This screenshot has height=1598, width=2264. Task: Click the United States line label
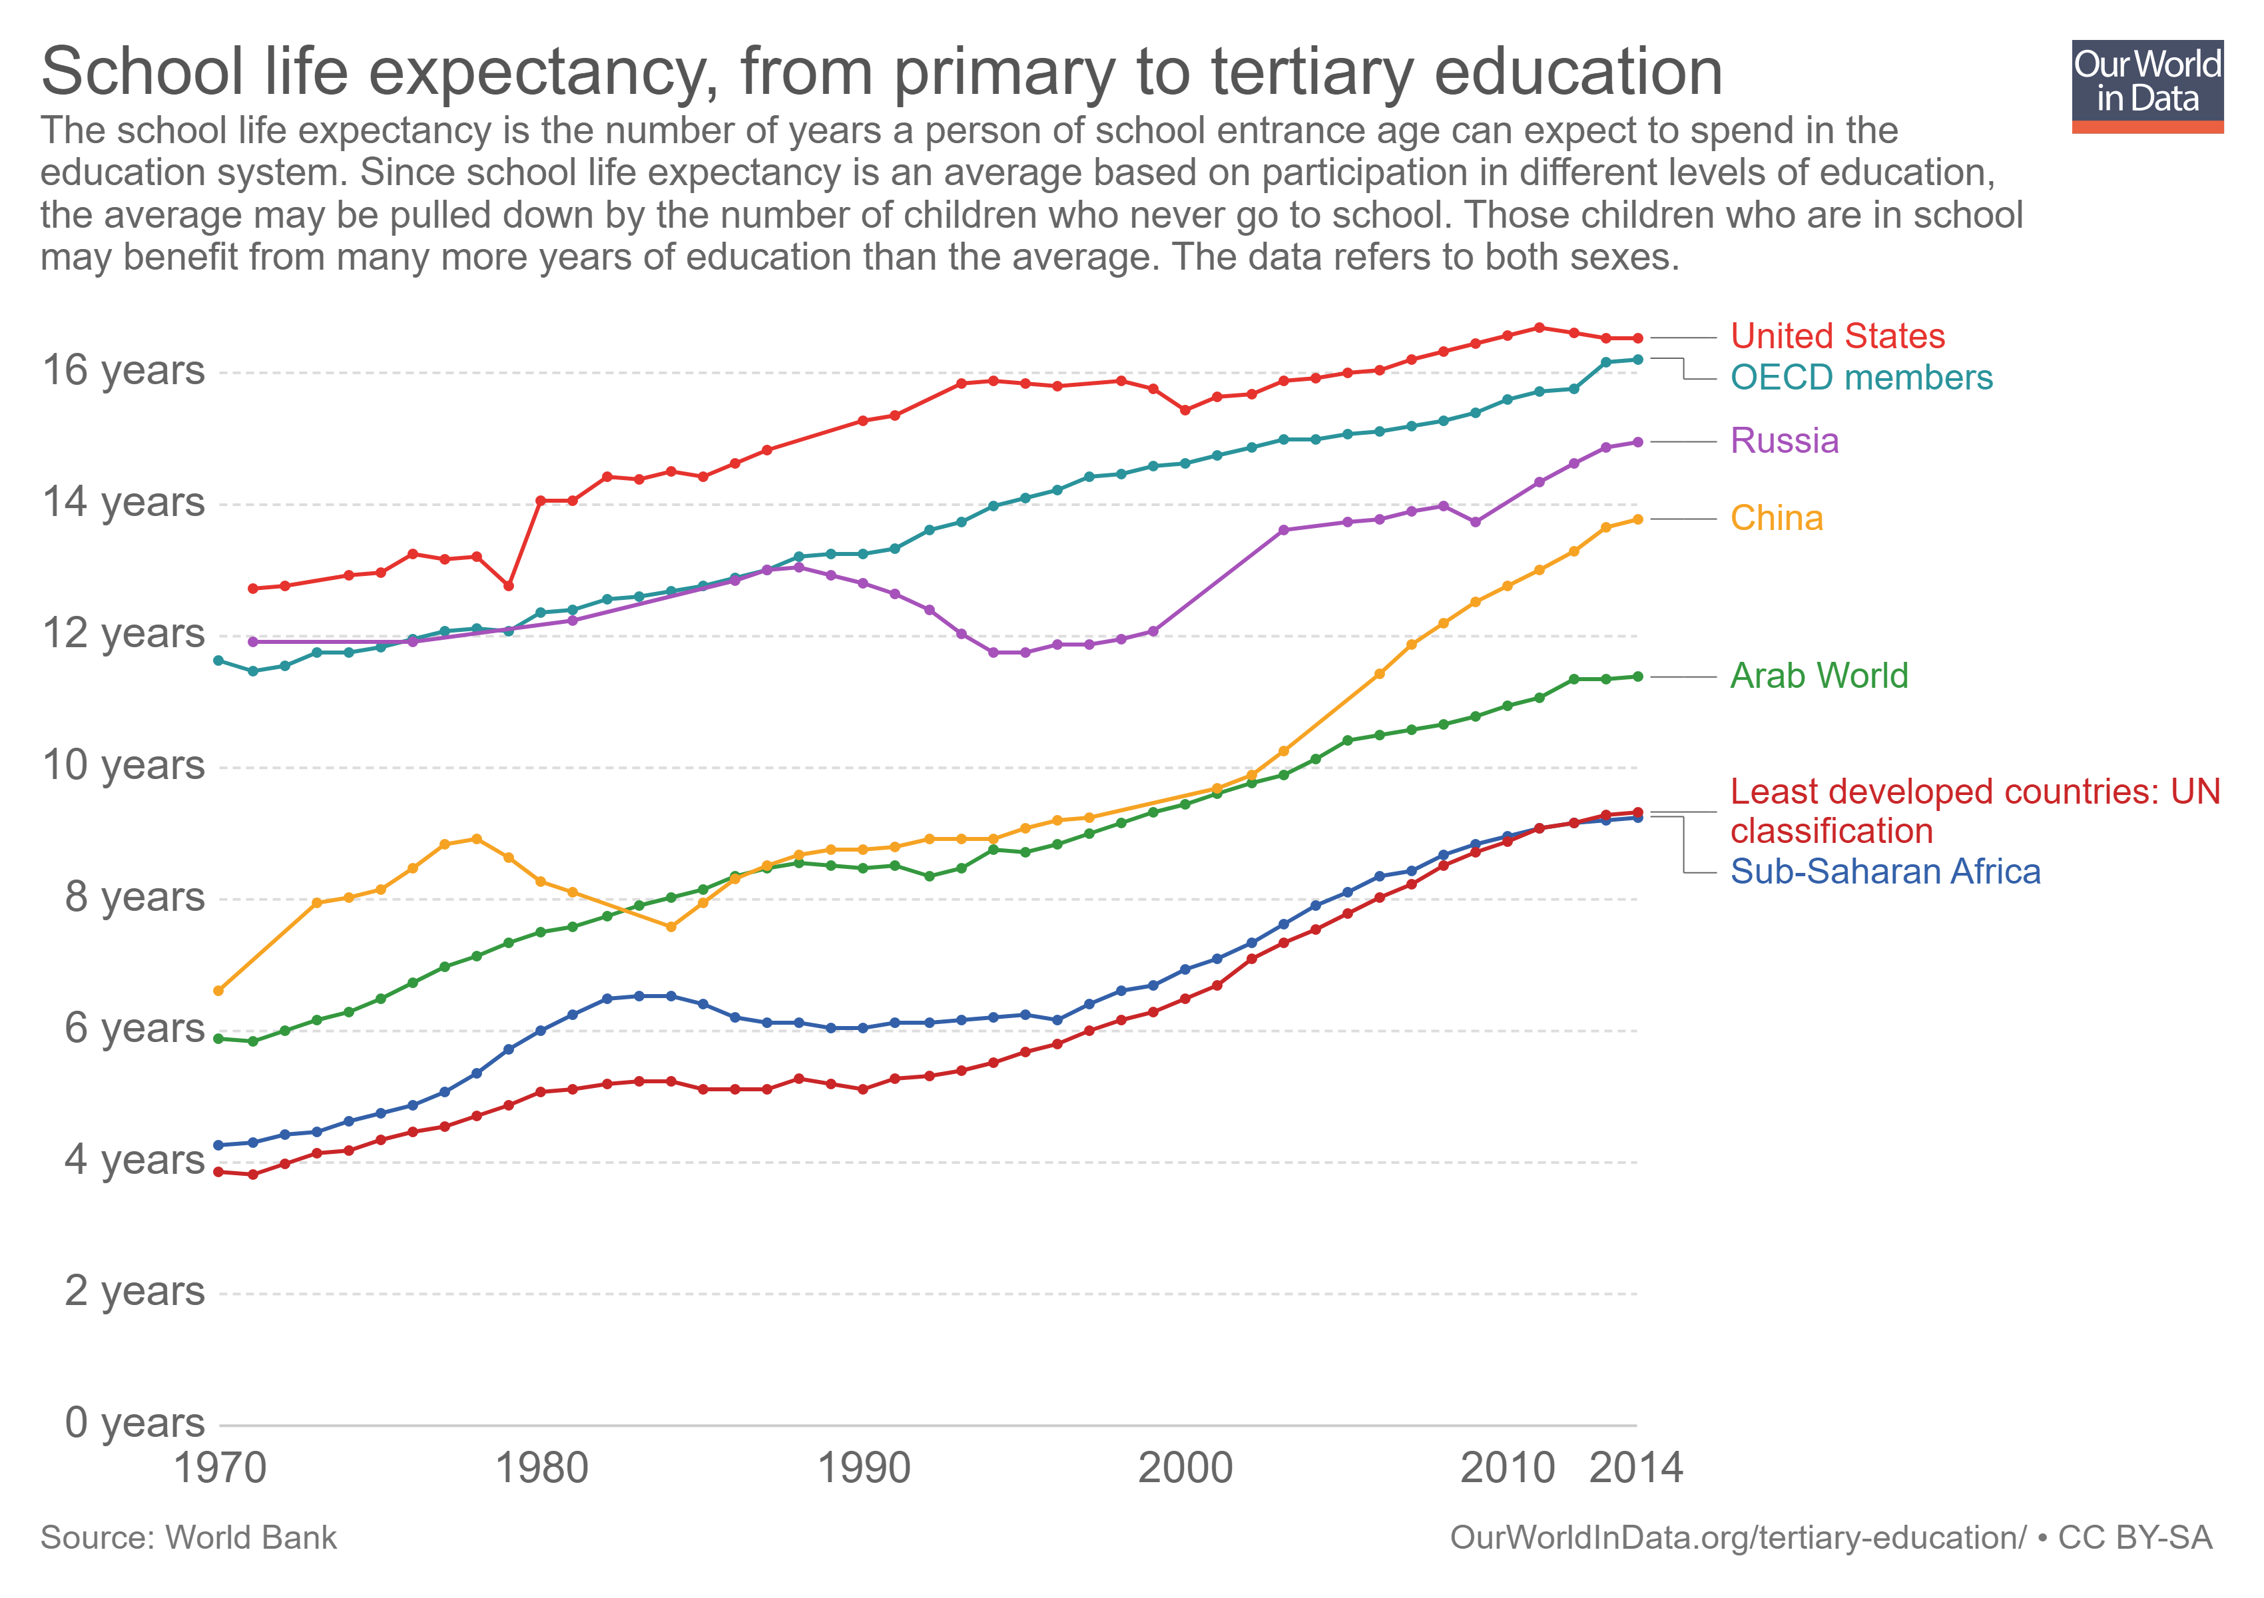tap(1837, 336)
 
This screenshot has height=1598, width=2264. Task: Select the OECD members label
tap(1860, 378)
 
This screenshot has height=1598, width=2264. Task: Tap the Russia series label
tap(1784, 441)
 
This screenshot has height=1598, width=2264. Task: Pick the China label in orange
tap(1776, 519)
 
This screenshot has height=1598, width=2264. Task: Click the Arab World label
tap(1819, 676)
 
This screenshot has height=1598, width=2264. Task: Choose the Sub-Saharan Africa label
tap(1884, 872)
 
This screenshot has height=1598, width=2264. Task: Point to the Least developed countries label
tap(1974, 812)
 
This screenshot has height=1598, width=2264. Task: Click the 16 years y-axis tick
tap(123, 371)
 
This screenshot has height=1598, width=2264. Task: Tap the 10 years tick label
tap(123, 765)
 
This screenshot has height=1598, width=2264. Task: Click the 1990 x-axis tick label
tap(864, 1468)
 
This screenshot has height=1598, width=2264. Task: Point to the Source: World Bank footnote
tap(188, 1538)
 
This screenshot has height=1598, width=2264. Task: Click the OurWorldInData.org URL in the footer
tap(1737, 1538)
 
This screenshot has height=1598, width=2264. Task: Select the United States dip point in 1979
tap(509, 585)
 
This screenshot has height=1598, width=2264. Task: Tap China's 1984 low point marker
tap(671, 927)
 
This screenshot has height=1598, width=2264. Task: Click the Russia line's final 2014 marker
tap(1638, 441)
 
